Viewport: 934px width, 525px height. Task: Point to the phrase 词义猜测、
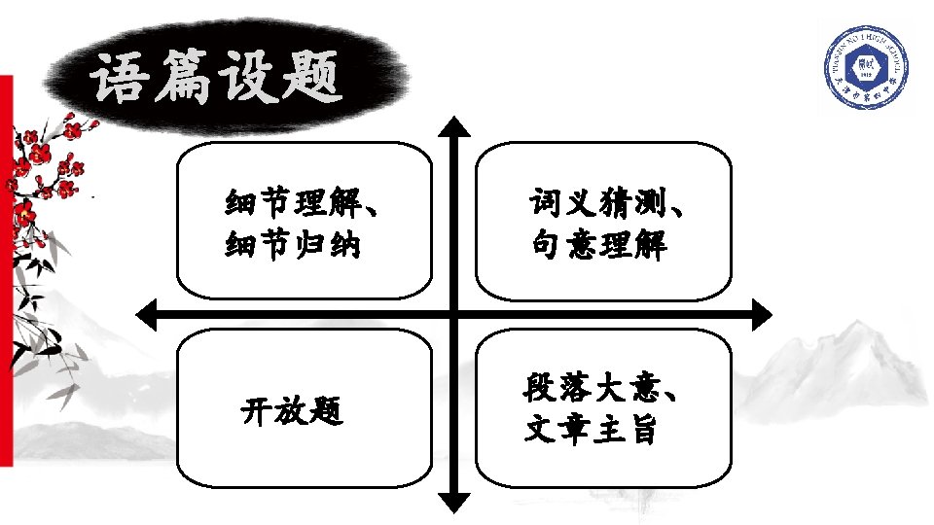[x=610, y=203]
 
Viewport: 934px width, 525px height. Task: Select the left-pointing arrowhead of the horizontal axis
[x=148, y=314]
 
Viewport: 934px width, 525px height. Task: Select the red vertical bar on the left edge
[x=5, y=272]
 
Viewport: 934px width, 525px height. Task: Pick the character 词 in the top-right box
[x=545, y=203]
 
